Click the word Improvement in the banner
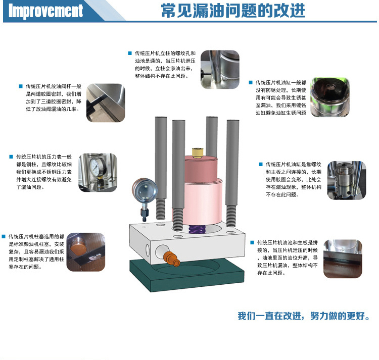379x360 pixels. click(45, 11)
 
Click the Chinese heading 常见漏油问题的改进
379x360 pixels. click(233, 11)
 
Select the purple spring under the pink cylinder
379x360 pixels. click(197, 229)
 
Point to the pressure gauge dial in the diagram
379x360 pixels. click(145, 190)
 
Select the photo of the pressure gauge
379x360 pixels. click(98, 172)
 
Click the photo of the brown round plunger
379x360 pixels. click(86, 252)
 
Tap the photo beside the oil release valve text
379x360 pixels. click(106, 102)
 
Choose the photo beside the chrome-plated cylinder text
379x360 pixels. click(330, 97)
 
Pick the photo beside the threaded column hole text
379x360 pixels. click(220, 69)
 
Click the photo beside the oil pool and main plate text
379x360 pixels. click(343, 259)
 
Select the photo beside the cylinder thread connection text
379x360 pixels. click(347, 180)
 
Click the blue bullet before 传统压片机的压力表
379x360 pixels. click(11, 157)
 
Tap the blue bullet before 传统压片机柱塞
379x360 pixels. click(4, 236)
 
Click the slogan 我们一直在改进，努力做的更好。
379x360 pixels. click(304, 316)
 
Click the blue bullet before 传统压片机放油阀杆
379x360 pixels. click(21, 86)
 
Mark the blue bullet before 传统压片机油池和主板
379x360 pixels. click(252, 242)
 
